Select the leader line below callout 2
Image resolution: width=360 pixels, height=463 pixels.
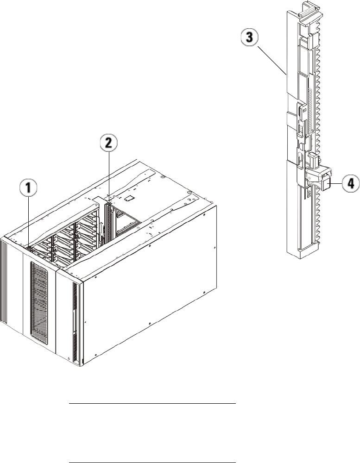tap(109, 176)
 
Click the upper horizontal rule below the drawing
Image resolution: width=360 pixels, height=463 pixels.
tap(152, 404)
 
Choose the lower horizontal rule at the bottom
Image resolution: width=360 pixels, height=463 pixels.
tap(152, 450)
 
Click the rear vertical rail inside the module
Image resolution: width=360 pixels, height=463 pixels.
tap(109, 222)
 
